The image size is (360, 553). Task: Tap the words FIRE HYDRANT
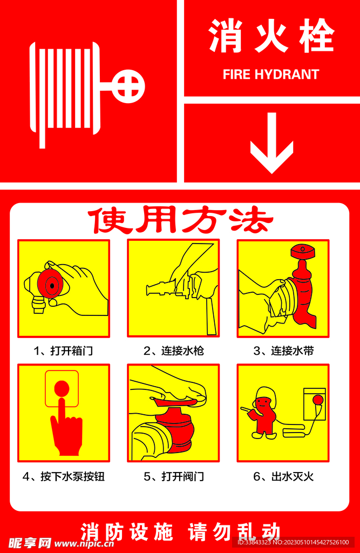click(271, 75)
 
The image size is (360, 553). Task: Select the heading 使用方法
click(180, 220)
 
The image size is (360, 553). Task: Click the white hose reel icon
click(65, 93)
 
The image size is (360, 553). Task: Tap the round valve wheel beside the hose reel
click(128, 86)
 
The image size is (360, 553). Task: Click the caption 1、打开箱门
click(64, 351)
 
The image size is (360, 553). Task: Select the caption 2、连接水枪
click(173, 351)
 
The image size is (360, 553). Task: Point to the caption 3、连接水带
click(283, 351)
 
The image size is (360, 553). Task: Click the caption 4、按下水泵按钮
click(64, 476)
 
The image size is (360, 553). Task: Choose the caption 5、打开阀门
click(173, 476)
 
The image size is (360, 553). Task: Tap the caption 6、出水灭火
click(283, 476)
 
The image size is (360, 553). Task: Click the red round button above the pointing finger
click(62, 388)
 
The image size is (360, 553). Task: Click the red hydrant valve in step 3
click(303, 286)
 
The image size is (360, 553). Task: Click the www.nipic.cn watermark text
click(84, 544)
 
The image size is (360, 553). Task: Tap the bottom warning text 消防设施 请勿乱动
click(180, 532)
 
